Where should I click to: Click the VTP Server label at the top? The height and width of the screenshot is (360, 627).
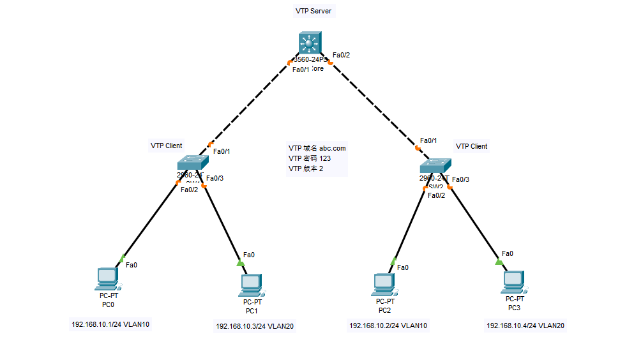pos(313,11)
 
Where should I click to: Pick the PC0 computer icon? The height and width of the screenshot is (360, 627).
pos(107,279)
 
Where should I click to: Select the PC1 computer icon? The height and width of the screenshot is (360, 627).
pos(252,285)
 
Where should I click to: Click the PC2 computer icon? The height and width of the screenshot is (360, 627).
pos(384,284)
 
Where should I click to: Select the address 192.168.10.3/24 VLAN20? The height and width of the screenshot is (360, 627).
pos(255,326)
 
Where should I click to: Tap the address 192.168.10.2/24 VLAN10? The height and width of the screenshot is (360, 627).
pos(388,326)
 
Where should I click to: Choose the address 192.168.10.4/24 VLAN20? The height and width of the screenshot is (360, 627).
pos(525,326)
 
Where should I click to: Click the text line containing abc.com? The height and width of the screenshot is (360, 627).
pos(317,148)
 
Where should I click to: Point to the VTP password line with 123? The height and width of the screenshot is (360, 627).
pos(309,158)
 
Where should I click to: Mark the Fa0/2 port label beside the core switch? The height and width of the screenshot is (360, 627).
pos(341,56)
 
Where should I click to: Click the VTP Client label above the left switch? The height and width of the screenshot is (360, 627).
pos(166,146)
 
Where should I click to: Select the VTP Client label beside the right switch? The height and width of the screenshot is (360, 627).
pos(471,146)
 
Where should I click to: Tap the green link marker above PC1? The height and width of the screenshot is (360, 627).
pos(241,262)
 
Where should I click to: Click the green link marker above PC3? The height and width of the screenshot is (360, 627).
pos(499,261)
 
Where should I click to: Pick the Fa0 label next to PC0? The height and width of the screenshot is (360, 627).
pos(132,264)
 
